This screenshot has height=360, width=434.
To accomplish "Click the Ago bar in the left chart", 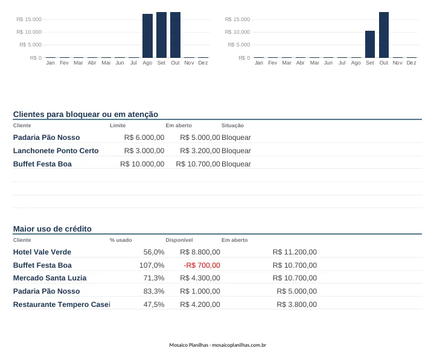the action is [147, 36].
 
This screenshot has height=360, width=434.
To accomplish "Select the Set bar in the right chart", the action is [370, 44].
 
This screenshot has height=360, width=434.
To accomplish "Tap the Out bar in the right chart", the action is [384, 35].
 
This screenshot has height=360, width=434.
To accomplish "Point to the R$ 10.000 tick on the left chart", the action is [29, 32].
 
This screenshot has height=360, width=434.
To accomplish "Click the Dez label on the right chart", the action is [411, 63].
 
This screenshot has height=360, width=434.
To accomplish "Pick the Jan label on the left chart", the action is [50, 63].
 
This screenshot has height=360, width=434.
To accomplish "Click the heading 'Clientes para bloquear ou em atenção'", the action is [86, 114].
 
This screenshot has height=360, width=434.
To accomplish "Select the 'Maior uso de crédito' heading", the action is [53, 229].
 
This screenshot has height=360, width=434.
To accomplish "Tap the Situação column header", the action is [232, 125].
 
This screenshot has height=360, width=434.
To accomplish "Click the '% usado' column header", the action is [121, 240].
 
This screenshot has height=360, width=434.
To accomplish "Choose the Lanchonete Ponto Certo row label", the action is [56, 151].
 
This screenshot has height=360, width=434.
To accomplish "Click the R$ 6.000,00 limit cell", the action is [144, 137].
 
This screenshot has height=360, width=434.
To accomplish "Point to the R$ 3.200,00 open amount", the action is [200, 151].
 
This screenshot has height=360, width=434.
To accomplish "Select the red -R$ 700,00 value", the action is [202, 265].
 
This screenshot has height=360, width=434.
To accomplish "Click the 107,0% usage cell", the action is [152, 265].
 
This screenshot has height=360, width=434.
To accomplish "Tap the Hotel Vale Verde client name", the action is [42, 252].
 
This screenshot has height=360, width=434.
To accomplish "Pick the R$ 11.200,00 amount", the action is [295, 252].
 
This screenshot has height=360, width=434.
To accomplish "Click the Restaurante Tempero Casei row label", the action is [62, 305].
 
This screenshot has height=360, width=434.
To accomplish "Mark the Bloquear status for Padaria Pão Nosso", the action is [236, 137].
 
